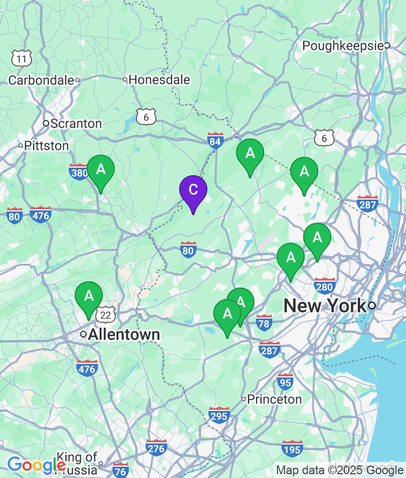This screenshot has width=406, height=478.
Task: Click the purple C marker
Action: click(x=193, y=191)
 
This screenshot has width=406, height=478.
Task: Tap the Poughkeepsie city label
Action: click(x=343, y=46)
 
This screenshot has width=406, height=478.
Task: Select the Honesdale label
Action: click(x=159, y=80)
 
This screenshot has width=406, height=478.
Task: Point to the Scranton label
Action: click(x=76, y=124)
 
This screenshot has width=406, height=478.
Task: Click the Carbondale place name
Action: click(x=41, y=80)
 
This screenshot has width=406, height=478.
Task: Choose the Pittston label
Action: click(x=47, y=146)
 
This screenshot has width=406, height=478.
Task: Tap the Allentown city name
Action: click(x=124, y=334)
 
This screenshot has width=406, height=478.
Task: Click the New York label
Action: click(x=325, y=306)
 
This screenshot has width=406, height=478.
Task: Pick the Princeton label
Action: click(x=275, y=400)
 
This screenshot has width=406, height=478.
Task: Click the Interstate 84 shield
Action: click(x=215, y=140)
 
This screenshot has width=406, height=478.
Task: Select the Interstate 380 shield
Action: click(x=79, y=172)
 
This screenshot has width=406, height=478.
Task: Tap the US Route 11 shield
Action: click(x=22, y=58)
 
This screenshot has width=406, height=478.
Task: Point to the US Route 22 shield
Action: click(x=106, y=315)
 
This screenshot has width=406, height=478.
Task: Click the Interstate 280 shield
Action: click(x=325, y=286)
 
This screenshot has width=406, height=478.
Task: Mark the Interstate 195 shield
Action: click(x=292, y=448)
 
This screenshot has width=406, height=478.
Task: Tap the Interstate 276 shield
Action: click(x=156, y=448)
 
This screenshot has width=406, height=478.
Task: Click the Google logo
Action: click(x=36, y=464)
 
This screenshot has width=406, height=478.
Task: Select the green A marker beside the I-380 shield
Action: click(x=101, y=170)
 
